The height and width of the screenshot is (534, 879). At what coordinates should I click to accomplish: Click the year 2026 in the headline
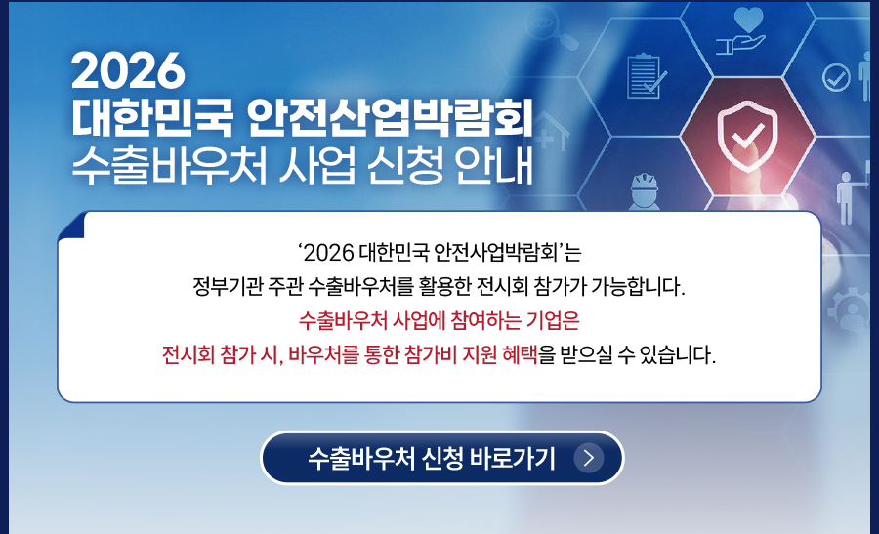pyautogui.click(x=128, y=70)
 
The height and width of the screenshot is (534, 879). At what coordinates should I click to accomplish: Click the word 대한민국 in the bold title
pyautogui.click(x=152, y=118)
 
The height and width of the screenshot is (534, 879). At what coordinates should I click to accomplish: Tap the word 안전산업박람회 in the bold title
pyautogui.click(x=390, y=118)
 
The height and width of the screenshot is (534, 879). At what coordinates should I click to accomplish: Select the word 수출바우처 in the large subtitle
pyautogui.click(x=169, y=166)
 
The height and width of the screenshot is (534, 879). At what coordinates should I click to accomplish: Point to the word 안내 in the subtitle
pyautogui.click(x=494, y=166)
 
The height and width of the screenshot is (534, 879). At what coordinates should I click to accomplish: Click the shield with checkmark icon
pyautogui.click(x=748, y=136)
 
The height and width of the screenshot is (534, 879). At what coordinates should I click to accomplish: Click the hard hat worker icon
pyautogui.click(x=645, y=190)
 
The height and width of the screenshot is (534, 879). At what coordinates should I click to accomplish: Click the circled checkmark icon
pyautogui.click(x=836, y=77)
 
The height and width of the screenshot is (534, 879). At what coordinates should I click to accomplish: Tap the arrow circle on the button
pyautogui.click(x=589, y=458)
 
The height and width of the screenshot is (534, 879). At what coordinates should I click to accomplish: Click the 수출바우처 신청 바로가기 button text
pyautogui.click(x=432, y=459)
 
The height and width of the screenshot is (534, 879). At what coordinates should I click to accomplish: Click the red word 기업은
pyautogui.click(x=552, y=320)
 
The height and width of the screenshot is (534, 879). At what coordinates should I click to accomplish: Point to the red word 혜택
pyautogui.click(x=520, y=354)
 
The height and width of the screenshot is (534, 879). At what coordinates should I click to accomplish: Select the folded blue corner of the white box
pyautogui.click(x=71, y=226)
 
